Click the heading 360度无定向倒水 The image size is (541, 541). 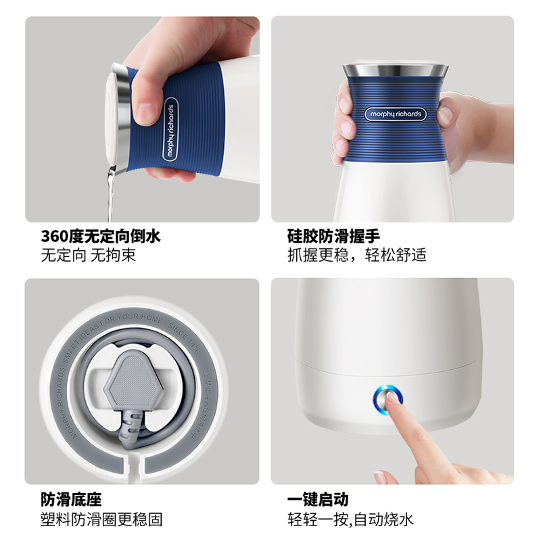[x=101, y=236]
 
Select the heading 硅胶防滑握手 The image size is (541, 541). [x=333, y=236]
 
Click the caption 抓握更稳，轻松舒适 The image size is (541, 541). [x=357, y=256]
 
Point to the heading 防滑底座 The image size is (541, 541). [x=71, y=500]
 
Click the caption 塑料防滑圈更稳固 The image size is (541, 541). [x=101, y=519]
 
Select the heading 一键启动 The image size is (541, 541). [x=318, y=500]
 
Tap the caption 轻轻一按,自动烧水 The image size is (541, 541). [x=350, y=519]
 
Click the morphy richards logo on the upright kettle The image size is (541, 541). [x=394, y=114]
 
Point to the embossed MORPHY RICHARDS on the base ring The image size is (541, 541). [x=64, y=399]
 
